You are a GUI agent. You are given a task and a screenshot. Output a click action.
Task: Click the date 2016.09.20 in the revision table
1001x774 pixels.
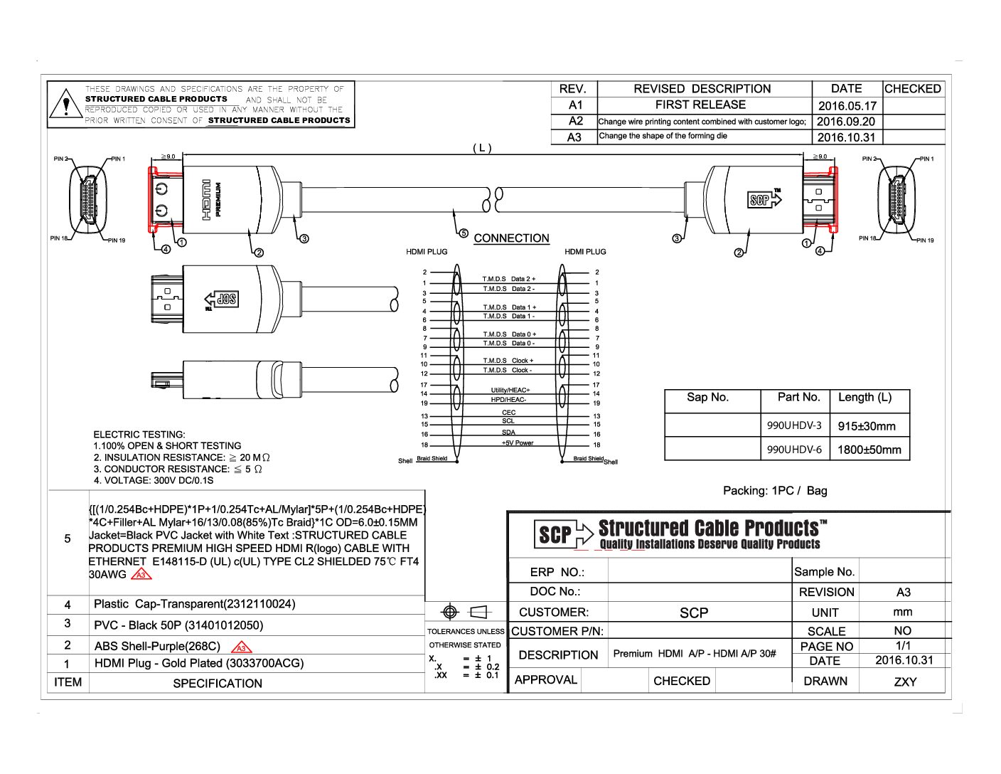click(x=845, y=122)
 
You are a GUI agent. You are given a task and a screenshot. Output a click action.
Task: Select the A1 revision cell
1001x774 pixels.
click(x=575, y=105)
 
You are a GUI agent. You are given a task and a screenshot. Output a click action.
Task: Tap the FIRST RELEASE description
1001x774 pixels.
click(x=700, y=105)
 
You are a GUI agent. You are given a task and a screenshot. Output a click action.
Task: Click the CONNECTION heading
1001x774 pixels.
click(x=511, y=238)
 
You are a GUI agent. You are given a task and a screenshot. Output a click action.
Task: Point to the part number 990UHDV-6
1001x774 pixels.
click(x=794, y=449)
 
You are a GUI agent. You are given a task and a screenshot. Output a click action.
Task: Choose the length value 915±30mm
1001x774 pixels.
click(x=867, y=426)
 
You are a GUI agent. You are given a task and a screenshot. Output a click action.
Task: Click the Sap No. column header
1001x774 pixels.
click(x=707, y=398)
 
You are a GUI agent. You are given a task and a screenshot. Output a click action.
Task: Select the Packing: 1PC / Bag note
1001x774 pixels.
click(x=775, y=491)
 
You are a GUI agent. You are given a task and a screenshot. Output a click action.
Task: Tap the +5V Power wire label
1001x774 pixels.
click(x=517, y=443)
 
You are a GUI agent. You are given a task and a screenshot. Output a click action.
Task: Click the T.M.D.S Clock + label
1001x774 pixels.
click(x=508, y=361)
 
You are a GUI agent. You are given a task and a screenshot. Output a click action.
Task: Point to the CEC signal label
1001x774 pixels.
click(x=508, y=413)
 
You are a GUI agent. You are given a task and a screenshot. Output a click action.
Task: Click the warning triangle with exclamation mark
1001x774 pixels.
click(x=66, y=105)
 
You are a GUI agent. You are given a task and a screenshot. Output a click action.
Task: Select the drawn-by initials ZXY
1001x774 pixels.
click(x=904, y=682)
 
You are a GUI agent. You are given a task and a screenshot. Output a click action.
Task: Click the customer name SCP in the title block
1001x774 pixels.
click(x=693, y=613)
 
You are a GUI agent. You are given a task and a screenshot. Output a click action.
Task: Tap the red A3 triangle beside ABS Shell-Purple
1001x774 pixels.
click(x=242, y=647)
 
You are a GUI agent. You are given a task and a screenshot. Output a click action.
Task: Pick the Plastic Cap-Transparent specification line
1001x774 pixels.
click(x=194, y=604)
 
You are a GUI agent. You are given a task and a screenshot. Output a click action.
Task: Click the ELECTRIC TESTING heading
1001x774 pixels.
click(x=139, y=435)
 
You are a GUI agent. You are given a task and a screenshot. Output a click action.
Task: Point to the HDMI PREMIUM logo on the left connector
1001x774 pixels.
click(x=211, y=199)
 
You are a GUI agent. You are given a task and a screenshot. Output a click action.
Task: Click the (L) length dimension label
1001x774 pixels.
click(x=482, y=148)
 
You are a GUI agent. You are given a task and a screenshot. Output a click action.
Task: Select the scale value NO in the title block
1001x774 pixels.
click(x=902, y=631)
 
